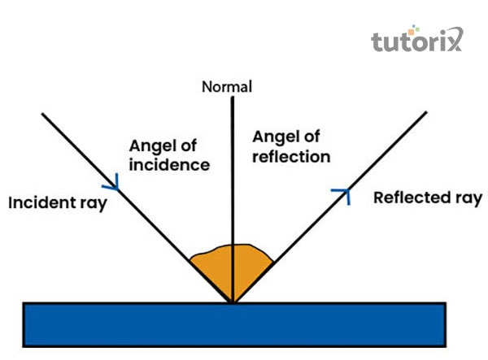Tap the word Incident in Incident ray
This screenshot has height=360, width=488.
tap(38, 202)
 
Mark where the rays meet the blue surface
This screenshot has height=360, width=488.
tap(233, 303)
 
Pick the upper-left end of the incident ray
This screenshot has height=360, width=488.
tap(43, 113)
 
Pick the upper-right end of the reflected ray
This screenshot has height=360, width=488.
tap(425, 112)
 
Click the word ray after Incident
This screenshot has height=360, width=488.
tap(92, 203)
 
